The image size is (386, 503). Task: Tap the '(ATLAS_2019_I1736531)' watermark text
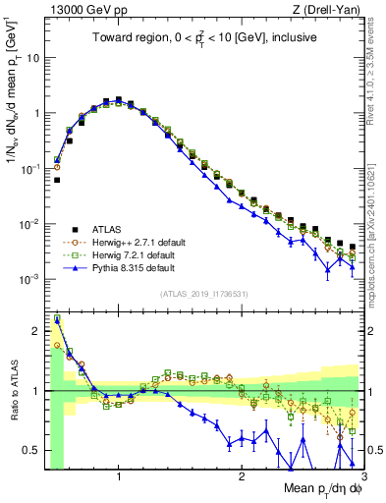click(203, 294)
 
